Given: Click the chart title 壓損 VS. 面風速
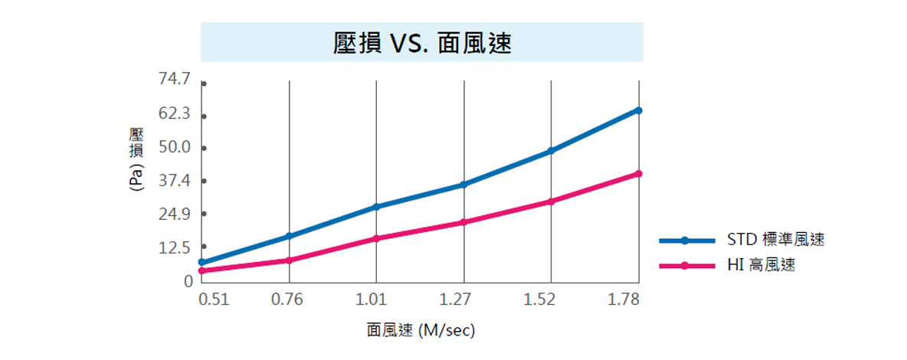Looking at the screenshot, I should tap(422, 42).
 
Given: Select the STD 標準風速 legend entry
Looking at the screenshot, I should tap(775, 240).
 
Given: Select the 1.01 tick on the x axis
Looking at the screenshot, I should tap(375, 299).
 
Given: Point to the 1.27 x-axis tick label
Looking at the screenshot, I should tap(463, 299).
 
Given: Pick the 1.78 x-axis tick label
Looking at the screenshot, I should tap(624, 299).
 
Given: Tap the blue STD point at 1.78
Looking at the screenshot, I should tap(639, 110).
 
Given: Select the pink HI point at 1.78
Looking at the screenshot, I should tap(639, 174).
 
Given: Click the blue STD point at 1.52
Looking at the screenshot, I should tap(551, 151).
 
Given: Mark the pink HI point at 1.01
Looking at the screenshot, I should tap(376, 238).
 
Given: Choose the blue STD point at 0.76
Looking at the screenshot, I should tap(289, 236).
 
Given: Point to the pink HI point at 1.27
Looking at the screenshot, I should tap(463, 222).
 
